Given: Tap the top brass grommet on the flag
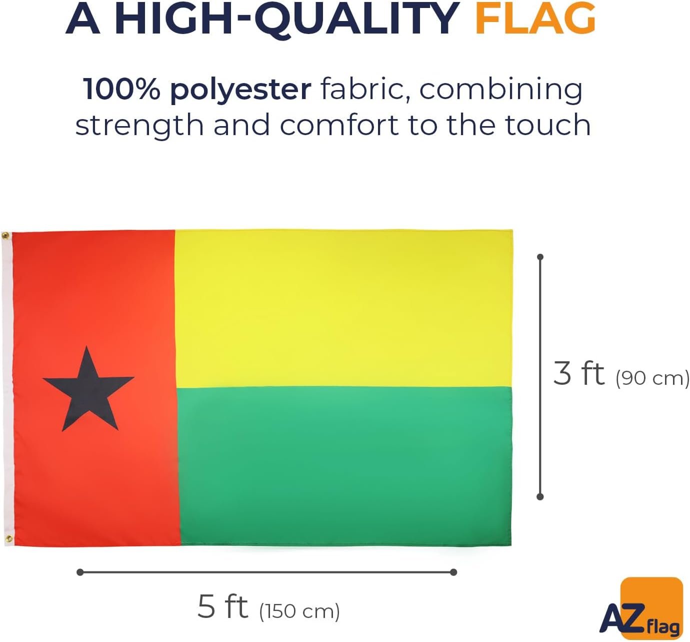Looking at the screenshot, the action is (5, 236).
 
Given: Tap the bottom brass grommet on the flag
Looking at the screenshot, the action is (8, 539).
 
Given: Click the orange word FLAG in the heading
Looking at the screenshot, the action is (535, 19).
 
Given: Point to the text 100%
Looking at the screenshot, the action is (121, 90).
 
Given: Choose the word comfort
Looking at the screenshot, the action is (339, 125).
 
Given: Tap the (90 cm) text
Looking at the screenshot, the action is (652, 378).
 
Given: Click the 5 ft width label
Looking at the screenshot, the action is (222, 606).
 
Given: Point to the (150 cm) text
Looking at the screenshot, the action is (299, 611).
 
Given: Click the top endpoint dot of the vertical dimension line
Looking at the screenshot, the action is (540, 257).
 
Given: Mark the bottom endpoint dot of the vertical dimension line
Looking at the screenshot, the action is (540, 496).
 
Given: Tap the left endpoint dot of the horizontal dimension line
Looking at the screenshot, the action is (80, 572).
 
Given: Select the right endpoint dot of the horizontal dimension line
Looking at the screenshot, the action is (453, 572).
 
